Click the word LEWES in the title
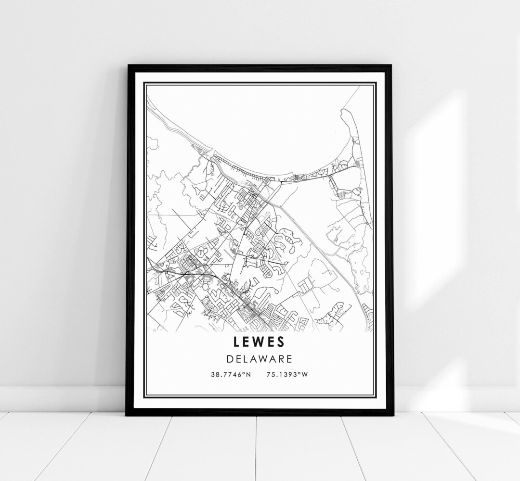pos(260,342)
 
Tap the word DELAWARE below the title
pos(260,359)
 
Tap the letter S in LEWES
pos(282,342)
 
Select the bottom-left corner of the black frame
pos(127,414)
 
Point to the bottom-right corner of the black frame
pos(392,414)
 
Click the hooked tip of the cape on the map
pos(343,111)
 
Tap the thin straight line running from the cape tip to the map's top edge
pos(351,99)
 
